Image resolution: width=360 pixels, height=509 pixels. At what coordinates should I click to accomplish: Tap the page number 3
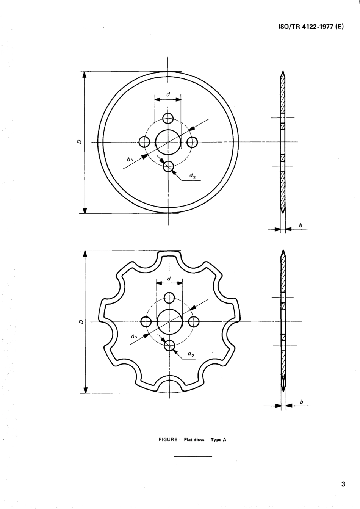click(343, 484)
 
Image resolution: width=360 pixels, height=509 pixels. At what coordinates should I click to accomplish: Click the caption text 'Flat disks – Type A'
click(205, 440)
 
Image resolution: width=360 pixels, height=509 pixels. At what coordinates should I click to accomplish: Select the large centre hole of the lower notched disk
click(169, 321)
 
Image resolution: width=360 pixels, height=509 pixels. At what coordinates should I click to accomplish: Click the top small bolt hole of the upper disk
click(168, 118)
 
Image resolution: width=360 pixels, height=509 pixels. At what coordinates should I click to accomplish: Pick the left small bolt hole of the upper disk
click(144, 142)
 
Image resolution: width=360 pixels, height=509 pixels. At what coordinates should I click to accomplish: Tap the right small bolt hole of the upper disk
click(192, 142)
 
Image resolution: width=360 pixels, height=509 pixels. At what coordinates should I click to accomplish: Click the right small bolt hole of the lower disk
click(194, 321)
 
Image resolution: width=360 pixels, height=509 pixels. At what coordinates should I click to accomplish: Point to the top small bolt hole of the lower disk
click(169, 298)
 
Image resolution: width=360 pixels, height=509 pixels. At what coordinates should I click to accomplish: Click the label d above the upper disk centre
click(168, 94)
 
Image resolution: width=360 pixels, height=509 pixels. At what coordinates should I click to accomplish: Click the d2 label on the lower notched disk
click(191, 355)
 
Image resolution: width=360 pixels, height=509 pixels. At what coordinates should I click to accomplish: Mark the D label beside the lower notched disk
click(80, 322)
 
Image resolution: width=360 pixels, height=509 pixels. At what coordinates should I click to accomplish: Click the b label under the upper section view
click(301, 226)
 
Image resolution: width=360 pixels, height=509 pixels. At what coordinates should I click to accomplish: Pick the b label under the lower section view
click(301, 402)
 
